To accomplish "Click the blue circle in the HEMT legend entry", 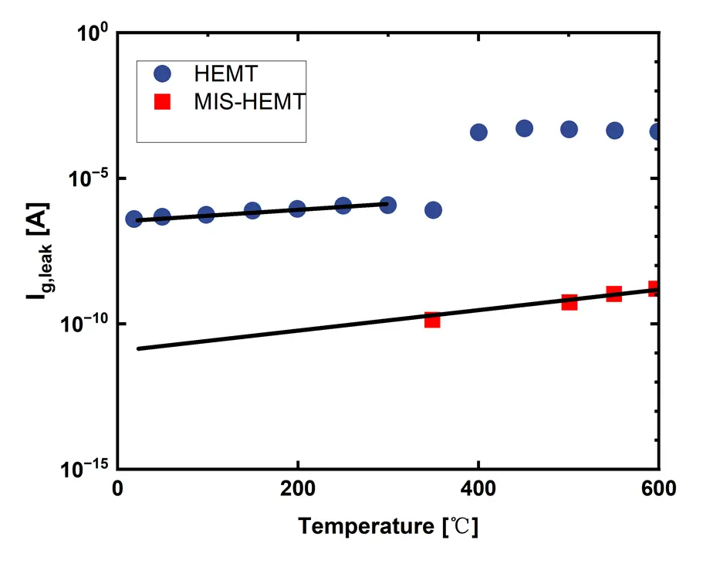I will coord(162,73).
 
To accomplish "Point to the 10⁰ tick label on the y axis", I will coord(93,35).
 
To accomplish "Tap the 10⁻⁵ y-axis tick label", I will coord(92,179).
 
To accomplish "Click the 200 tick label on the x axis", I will coord(298,489).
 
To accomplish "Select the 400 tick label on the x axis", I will coord(478,489).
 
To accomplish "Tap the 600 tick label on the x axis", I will coord(657,489).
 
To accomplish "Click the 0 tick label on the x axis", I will coord(118,489).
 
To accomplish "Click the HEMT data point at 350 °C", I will coord(433,210).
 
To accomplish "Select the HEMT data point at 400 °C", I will coord(478,132).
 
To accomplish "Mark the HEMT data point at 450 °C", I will coord(524,128).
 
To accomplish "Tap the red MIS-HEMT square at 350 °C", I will coord(432,319).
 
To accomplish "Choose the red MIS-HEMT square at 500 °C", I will coord(569,302).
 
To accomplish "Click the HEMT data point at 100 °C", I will coord(206,214).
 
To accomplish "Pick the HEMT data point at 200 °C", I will coord(297,209).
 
